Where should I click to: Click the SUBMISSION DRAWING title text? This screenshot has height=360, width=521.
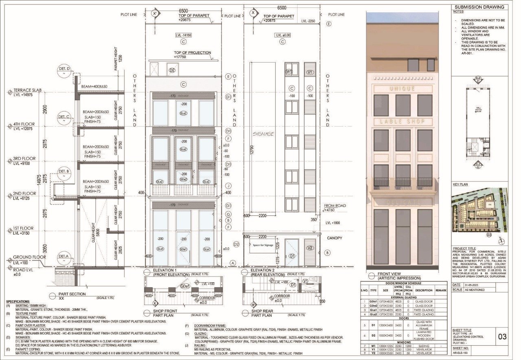pos(479,7)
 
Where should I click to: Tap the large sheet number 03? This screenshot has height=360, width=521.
pos(502,336)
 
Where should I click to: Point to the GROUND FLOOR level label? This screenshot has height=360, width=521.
pos(29,257)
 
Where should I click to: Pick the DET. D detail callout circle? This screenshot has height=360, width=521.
pos(64,69)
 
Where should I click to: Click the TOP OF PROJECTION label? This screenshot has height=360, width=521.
pos(192,53)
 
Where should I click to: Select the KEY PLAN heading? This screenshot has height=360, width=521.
pos(460,184)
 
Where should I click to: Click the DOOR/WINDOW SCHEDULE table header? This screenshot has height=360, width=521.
pos(404,283)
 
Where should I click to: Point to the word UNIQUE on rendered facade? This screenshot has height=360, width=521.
pos(402,89)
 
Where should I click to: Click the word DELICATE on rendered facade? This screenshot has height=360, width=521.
pos(402,202)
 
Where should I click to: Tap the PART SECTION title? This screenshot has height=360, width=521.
pos(72,294)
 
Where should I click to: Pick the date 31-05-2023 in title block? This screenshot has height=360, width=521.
pos(473,285)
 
